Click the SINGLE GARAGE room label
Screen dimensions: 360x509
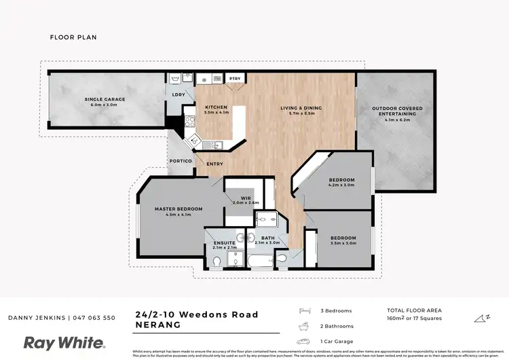105,100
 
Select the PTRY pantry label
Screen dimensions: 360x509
236,79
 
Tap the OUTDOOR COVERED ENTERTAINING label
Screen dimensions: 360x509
394,112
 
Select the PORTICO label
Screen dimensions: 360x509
180,161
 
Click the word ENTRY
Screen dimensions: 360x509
214,164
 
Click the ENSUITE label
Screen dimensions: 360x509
224,242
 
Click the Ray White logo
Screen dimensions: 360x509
64,342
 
